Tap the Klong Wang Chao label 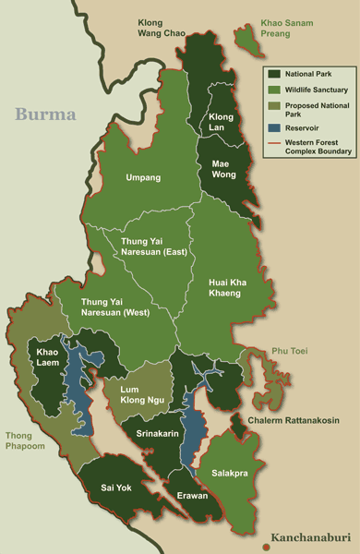pyautogui.click(x=162, y=29)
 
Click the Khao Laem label pyautogui.click(x=49, y=358)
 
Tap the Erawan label pyautogui.click(x=193, y=495)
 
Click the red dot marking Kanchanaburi pyautogui.click(x=267, y=546)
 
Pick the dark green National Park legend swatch pyautogui.click(x=274, y=73)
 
